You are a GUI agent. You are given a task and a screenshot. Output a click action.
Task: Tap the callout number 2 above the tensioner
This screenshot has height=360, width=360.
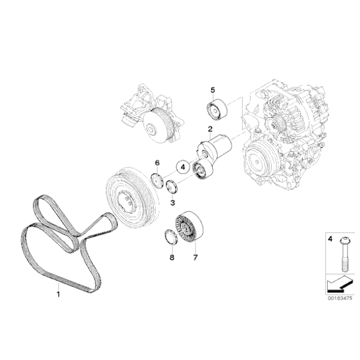coord(210,129)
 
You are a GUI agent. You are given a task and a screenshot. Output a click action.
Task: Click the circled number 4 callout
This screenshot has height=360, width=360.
coord(182,166)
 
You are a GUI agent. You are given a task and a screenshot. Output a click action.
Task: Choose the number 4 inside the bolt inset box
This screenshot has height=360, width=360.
coord(330,238)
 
